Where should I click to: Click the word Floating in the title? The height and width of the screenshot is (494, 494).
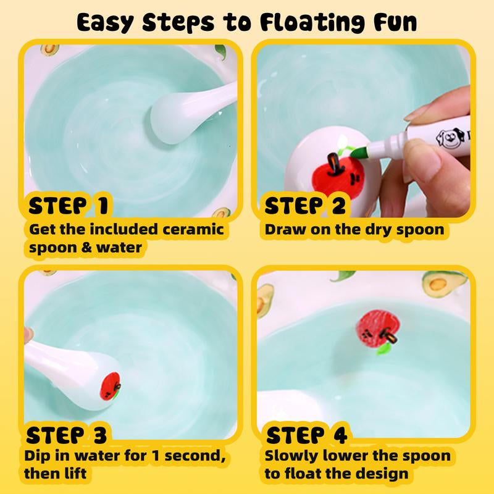coord(312,22)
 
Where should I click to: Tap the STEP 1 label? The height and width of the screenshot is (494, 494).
coord(69,206)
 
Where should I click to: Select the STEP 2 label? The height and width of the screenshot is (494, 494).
coord(305,206)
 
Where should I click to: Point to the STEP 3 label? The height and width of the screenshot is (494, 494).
coord(67,435)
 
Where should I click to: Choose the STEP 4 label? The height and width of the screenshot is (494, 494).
coord(306,435)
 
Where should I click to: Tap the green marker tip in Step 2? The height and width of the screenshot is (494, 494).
coord(358,152)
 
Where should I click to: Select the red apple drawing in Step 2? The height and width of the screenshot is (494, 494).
coord(337,177)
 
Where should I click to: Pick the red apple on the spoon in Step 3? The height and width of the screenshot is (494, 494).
coord(110,387)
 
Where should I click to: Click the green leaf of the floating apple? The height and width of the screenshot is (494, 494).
coord(384,348)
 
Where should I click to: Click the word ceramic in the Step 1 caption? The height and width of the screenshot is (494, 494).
coord(193,229)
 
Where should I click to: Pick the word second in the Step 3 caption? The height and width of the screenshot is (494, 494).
coord(195,455)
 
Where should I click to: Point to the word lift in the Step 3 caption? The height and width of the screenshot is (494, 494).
coord(75,473)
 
